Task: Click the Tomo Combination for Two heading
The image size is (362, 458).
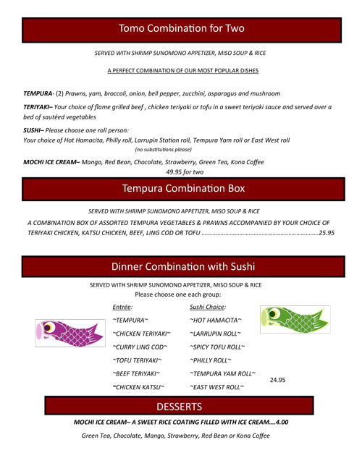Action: coord(181,29)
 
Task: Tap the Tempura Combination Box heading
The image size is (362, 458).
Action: coord(181,189)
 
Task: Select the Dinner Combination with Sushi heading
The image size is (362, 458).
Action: coord(181,266)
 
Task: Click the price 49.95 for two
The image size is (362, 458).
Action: coord(181,171)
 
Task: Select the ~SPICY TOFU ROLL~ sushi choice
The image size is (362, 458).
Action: coord(217,347)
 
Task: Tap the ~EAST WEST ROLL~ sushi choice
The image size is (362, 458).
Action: coord(216,388)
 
